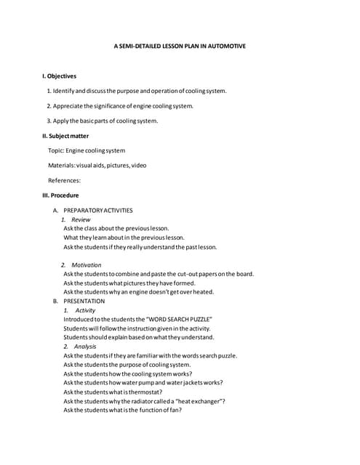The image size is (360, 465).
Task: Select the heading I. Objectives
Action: tap(59, 76)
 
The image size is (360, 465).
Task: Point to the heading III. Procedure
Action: tap(61, 195)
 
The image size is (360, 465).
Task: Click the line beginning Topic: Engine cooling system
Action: tap(87, 150)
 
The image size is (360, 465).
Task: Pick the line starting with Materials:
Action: tap(97, 165)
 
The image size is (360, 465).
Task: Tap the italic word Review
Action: tap(81, 219)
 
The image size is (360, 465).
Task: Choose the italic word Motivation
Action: tap(87, 265)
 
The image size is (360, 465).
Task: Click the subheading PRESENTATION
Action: tap(84, 301)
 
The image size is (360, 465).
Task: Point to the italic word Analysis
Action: tap(84, 347)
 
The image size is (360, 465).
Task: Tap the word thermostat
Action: tap(142, 392)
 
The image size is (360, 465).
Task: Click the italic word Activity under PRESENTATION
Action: tap(85, 310)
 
